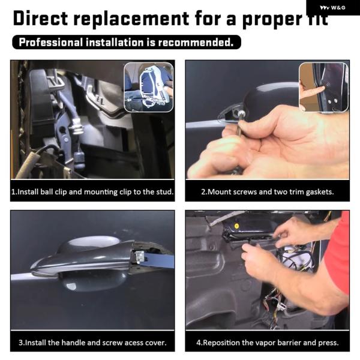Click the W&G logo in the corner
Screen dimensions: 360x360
point(332,8)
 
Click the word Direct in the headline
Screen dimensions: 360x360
point(40,18)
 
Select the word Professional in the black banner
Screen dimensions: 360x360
point(51,42)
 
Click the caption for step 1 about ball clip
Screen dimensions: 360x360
point(92,192)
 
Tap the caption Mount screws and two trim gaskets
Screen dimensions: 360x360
point(268,192)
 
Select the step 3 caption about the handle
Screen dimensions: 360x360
point(92,343)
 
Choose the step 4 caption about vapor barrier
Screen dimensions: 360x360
point(268,343)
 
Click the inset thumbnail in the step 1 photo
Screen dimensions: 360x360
point(149,87)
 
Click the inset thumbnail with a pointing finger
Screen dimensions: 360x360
point(324,87)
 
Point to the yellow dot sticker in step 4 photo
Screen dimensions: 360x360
point(236,226)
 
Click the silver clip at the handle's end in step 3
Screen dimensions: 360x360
point(140,257)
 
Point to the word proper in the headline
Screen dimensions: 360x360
point(272,20)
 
